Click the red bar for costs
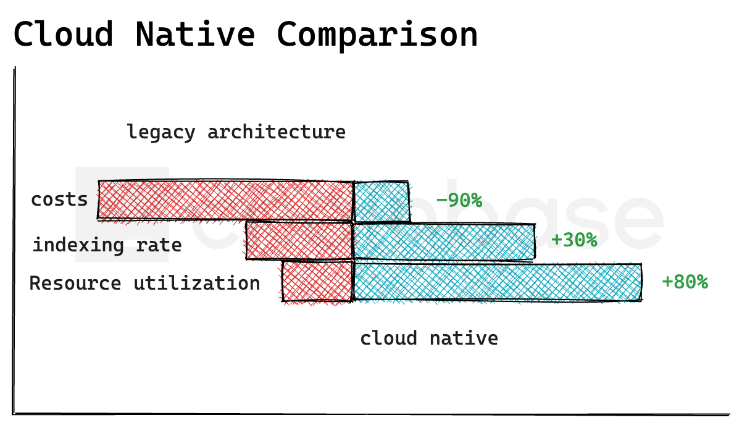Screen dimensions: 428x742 point(225,200)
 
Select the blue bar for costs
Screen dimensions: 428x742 point(381,201)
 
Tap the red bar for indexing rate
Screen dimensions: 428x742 point(299,241)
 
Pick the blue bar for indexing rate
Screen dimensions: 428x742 point(444,241)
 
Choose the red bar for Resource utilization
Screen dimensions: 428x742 point(317,282)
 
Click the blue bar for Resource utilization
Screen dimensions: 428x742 point(497,282)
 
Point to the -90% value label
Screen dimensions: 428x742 point(459,201)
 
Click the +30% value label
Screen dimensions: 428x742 point(574,240)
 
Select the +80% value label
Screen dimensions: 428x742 point(685,282)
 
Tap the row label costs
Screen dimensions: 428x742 point(59,199)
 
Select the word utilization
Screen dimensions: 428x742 point(197,283)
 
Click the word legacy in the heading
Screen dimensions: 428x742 point(160,132)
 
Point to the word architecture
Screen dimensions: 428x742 point(276,132)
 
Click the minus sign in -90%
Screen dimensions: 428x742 point(441,201)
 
